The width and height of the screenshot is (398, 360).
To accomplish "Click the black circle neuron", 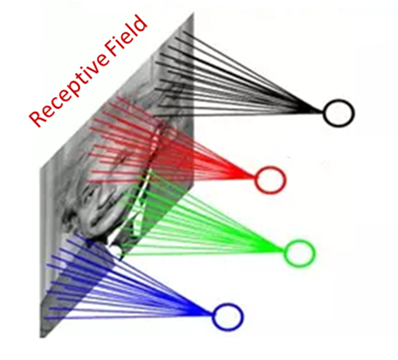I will (338, 113).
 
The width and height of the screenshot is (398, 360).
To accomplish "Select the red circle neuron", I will (270, 179).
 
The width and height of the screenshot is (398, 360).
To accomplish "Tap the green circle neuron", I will (299, 251).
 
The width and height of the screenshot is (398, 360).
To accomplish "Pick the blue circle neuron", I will (228, 316).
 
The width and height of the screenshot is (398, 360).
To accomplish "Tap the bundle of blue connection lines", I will (141, 289).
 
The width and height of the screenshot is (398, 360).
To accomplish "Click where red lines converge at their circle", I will (255, 179).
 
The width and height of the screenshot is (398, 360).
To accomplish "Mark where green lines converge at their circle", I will (284, 250).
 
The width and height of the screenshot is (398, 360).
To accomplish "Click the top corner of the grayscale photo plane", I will (193, 14).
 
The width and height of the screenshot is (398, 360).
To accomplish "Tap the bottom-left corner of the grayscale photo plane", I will (42, 337).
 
